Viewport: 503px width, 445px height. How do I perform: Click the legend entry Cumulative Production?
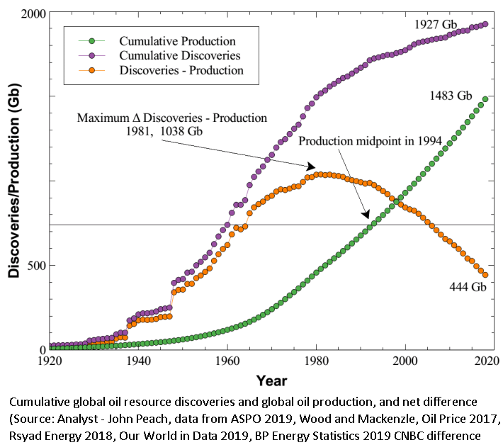pyautogui.click(x=177, y=41)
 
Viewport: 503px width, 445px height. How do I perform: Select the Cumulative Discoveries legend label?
pyautogui.click(x=180, y=55)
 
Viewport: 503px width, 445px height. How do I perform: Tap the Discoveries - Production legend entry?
pyautogui.click(x=181, y=70)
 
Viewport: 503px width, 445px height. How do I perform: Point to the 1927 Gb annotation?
pyautogui.click(x=436, y=24)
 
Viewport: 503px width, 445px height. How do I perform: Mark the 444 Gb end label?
pyautogui.click(x=468, y=287)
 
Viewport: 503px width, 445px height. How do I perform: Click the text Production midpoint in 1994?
pyautogui.click(x=371, y=141)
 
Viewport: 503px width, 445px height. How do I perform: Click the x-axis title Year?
pyautogui.click(x=271, y=381)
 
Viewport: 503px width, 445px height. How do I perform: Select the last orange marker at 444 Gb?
pyautogui.click(x=485, y=275)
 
